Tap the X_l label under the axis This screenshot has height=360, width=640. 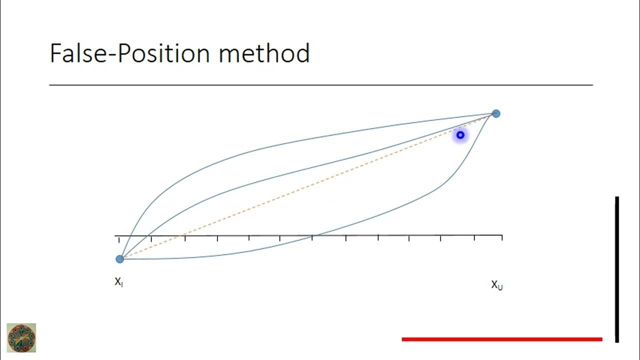coord(119,282)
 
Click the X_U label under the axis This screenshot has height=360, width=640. coord(496,285)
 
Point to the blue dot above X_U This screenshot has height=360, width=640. coord(495,113)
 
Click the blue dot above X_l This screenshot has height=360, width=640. coord(119,259)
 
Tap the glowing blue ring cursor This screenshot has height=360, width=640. coord(460,135)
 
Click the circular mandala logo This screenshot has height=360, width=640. coord(21,337)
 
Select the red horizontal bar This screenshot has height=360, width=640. coord(502,339)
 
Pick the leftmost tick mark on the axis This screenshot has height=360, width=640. coord(119,239)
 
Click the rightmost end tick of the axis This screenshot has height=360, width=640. coord(501,238)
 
